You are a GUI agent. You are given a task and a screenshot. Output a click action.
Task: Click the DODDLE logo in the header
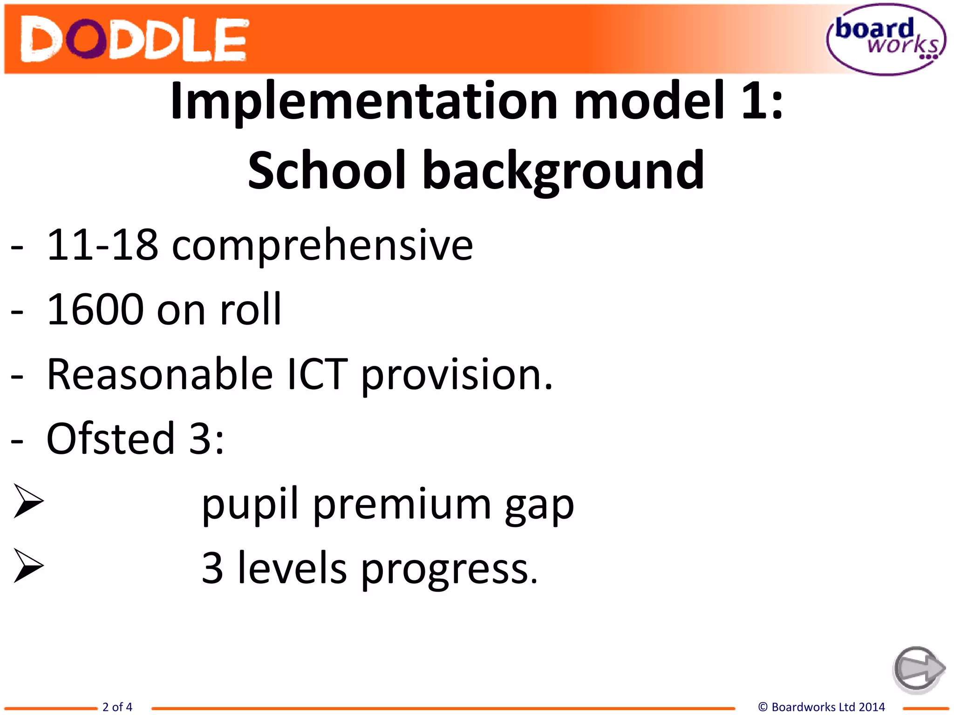coord(134,40)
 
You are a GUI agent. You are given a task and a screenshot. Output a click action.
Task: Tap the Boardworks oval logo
coord(886,40)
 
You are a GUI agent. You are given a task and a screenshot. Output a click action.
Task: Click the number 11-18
coord(102,245)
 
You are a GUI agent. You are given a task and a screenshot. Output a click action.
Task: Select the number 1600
coord(95,310)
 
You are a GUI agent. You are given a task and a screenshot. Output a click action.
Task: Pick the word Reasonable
coord(160,374)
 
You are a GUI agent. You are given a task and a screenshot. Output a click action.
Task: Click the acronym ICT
coord(317,374)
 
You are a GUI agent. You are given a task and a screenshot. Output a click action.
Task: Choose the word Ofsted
coord(110,438)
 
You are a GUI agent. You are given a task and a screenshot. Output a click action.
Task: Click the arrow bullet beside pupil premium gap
coord(28,501)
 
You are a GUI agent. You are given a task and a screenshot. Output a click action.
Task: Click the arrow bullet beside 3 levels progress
coord(28,566)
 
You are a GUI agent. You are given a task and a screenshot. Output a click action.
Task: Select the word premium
coord(402,505)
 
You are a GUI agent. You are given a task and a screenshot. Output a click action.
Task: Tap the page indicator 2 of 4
coord(117,707)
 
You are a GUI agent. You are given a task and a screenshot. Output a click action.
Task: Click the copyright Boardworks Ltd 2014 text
coord(822,707)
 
